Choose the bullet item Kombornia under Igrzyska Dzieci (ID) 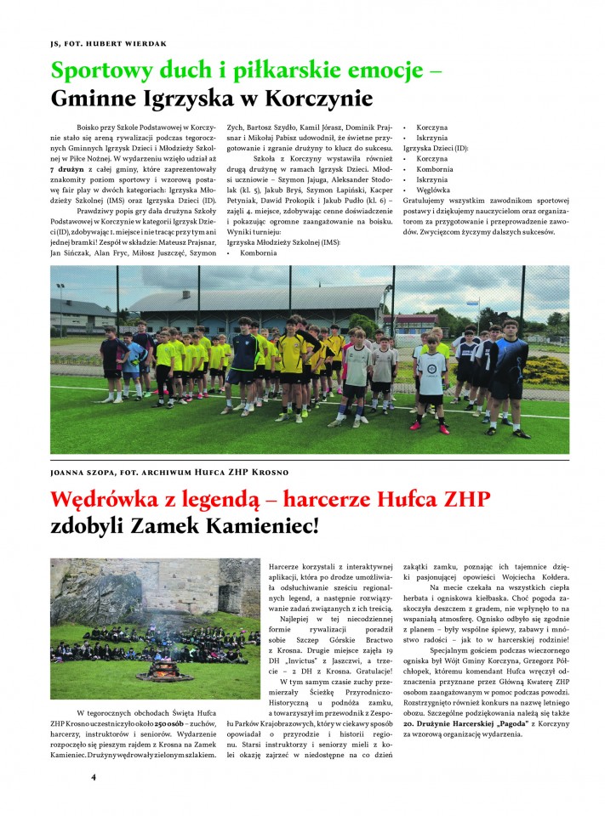pos(436,169)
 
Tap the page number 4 pos(94,776)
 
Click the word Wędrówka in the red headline pos(100,498)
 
